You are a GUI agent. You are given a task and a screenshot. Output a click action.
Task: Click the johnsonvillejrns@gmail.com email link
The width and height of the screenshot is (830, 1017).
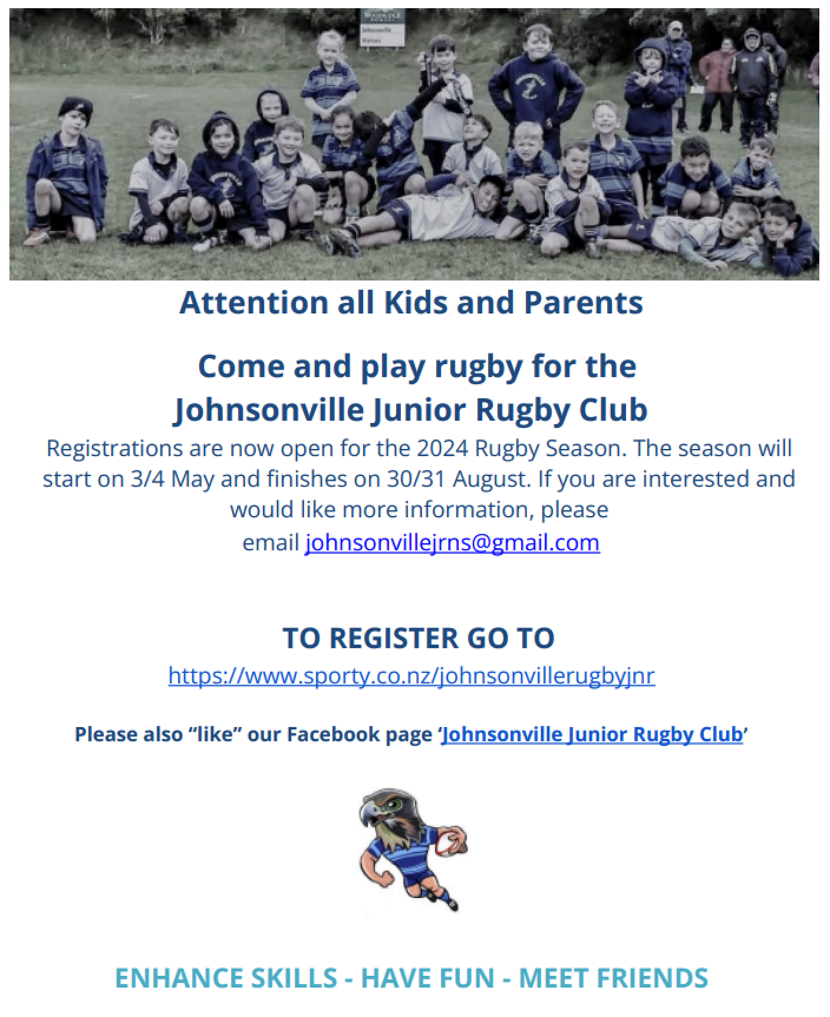[x=452, y=543]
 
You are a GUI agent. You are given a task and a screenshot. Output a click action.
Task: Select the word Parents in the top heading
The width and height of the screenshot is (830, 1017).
[x=583, y=303]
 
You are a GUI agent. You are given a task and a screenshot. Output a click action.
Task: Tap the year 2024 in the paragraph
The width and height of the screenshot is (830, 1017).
[x=442, y=448]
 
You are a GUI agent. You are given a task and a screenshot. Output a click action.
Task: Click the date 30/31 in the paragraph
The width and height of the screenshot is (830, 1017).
[x=417, y=479]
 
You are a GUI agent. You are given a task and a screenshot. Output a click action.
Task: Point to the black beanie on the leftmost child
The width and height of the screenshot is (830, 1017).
[x=76, y=109]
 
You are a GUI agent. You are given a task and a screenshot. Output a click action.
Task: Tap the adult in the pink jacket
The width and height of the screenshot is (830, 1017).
[x=716, y=84]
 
